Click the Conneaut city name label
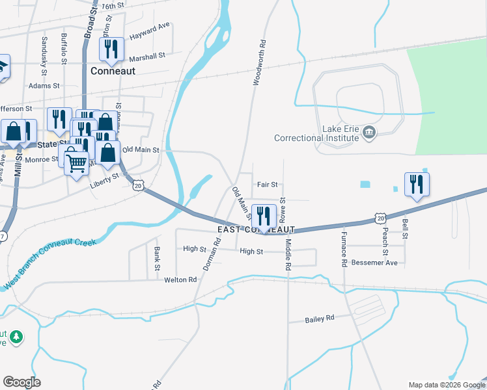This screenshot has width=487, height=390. (113, 71)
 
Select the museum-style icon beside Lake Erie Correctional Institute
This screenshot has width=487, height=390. (369, 133)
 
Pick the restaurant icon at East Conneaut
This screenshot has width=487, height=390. (263, 216)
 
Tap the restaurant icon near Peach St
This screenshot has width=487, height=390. (416, 185)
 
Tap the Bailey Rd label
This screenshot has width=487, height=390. (320, 318)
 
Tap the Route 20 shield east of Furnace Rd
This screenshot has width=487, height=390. (380, 218)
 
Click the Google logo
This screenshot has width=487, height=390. (22, 382)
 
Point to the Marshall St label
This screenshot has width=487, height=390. (146, 57)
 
